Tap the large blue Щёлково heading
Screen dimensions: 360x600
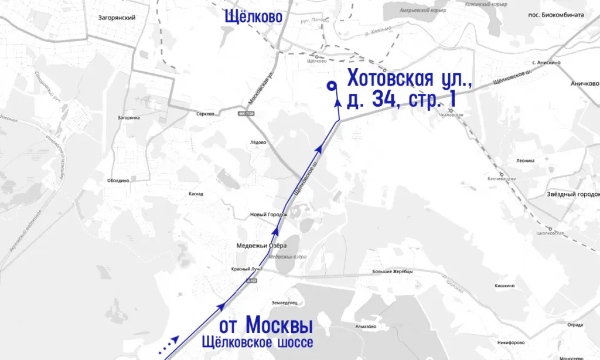click(x=254, y=17)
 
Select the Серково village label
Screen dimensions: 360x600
click(x=206, y=114)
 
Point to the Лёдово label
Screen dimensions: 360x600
click(x=258, y=142)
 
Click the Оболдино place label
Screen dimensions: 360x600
click(x=118, y=181)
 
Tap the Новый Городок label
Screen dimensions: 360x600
click(x=269, y=215)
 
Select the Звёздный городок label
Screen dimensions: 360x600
click(x=572, y=194)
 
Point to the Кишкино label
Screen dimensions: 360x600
click(x=504, y=286)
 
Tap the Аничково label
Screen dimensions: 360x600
click(x=584, y=84)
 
